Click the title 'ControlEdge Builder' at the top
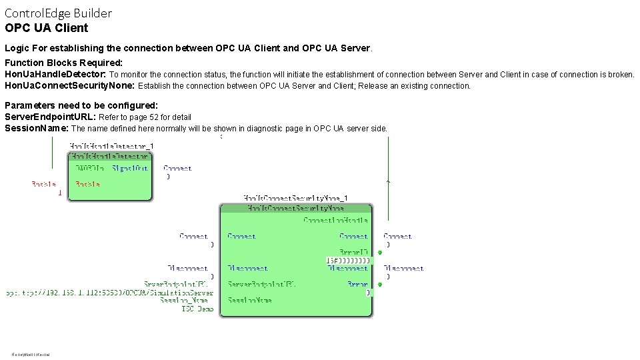(x=59, y=13)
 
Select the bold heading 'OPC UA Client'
(x=46, y=28)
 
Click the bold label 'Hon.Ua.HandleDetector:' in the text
(x=55, y=75)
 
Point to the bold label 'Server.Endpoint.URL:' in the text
(x=51, y=117)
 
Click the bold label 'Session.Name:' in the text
(x=37, y=128)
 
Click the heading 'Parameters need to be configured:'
(x=81, y=105)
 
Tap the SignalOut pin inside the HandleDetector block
(x=130, y=169)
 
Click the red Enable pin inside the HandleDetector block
(x=87, y=184)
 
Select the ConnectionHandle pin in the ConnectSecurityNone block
(x=335, y=220)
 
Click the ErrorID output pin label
(x=353, y=252)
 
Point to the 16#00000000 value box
(x=347, y=260)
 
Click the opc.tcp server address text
(x=109, y=293)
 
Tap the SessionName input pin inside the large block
(x=249, y=301)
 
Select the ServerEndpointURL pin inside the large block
(x=261, y=285)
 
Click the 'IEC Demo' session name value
(x=197, y=309)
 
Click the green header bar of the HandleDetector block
(x=110, y=156)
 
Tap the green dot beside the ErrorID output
(x=379, y=253)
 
